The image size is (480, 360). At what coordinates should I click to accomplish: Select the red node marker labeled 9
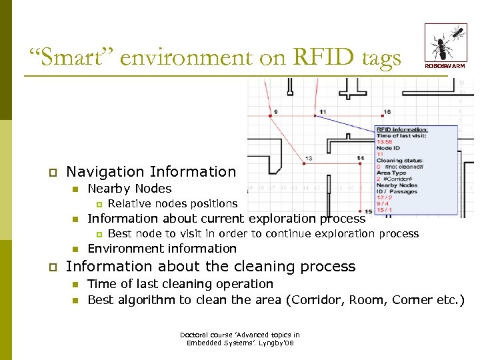[x=269, y=115]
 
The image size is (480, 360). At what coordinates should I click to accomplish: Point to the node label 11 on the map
[x=323, y=111]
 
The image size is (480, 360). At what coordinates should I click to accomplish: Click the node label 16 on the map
[x=387, y=111]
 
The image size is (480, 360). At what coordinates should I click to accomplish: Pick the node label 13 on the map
[x=309, y=159]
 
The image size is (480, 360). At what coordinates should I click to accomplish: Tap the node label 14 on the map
[x=360, y=158]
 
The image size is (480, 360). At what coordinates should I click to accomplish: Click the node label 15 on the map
[x=368, y=211]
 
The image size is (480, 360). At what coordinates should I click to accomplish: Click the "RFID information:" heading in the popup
[x=402, y=129]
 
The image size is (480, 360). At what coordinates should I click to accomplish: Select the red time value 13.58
[x=385, y=141]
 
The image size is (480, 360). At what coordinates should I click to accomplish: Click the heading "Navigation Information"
[x=151, y=172]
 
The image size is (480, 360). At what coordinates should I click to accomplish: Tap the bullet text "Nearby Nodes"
[x=129, y=189]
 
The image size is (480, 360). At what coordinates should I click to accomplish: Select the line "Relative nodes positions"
[x=172, y=203]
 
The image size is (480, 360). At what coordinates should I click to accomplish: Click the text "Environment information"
[x=162, y=249]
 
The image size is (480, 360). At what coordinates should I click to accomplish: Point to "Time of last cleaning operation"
[x=181, y=284]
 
